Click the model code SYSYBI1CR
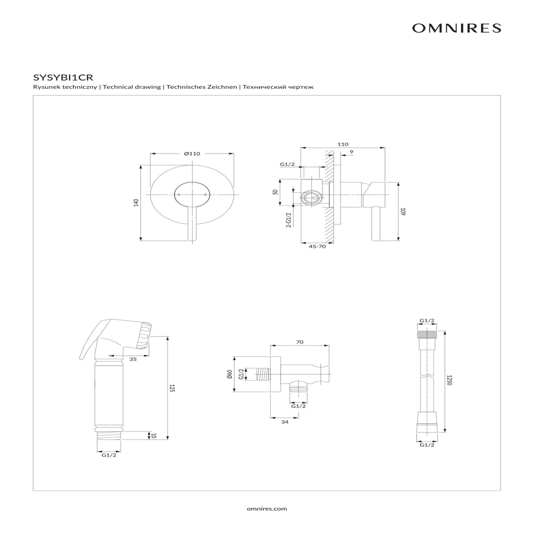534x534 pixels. point(63,77)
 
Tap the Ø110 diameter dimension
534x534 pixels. point(192,154)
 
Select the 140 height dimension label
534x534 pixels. point(136,202)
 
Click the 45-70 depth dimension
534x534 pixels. point(317,246)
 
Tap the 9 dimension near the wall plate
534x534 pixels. point(352,152)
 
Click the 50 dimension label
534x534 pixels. point(275,192)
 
